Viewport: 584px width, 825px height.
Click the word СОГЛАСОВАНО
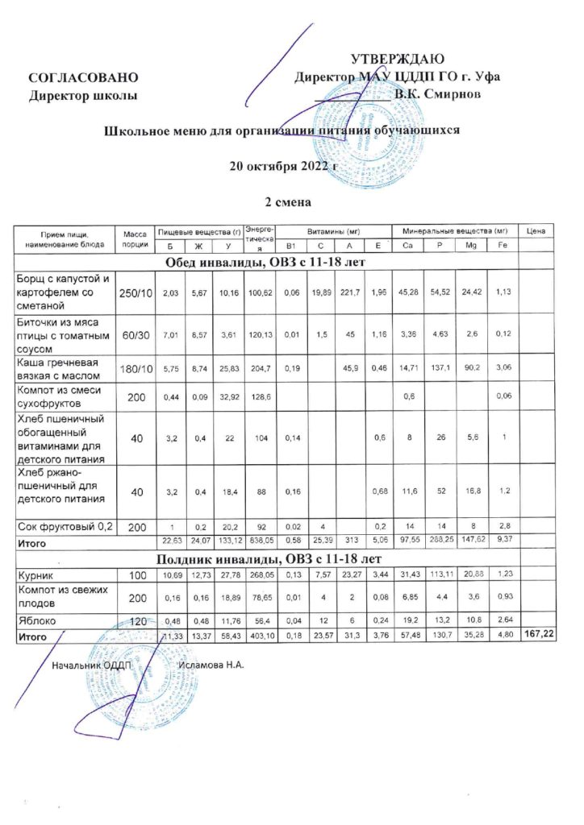(78, 77)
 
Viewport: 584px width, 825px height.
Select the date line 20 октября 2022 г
(282, 167)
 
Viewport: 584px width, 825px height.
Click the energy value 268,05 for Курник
(258, 578)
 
